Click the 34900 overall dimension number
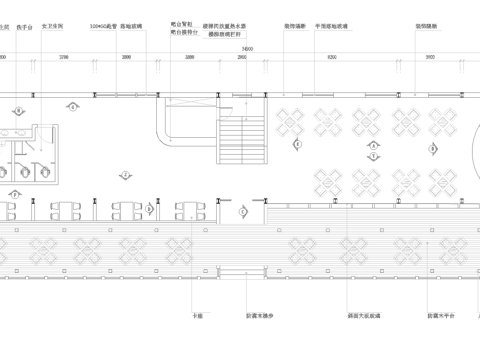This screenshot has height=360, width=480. [247, 48]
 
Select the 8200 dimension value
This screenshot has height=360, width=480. [330, 59]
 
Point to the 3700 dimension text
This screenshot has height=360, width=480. [64, 59]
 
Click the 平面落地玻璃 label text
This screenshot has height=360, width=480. [331, 28]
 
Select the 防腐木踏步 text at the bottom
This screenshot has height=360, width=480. [259, 315]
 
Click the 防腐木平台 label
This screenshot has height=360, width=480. [441, 315]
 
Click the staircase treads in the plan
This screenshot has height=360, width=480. [241, 140]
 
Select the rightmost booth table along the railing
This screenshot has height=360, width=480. [191, 210]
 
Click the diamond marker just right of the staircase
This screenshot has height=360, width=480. [298, 144]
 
